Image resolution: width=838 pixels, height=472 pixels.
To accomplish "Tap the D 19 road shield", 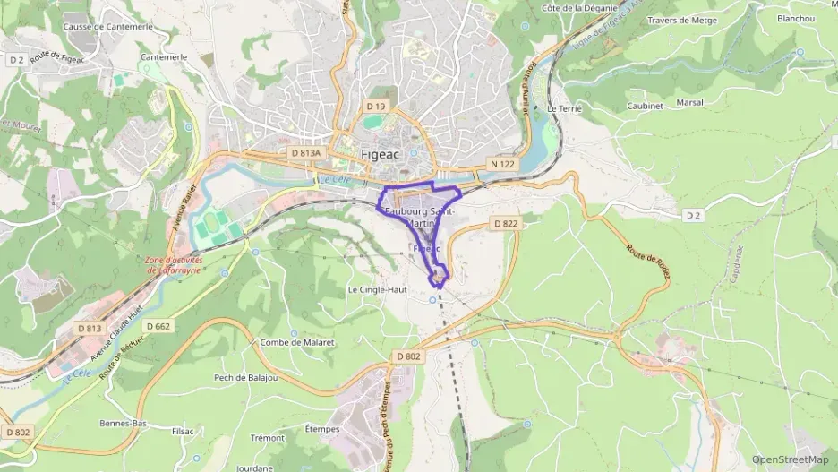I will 375,107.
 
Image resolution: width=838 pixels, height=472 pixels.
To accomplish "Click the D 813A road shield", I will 305,153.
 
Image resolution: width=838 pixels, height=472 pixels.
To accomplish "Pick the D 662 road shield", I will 157,326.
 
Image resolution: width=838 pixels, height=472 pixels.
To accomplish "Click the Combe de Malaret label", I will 296,342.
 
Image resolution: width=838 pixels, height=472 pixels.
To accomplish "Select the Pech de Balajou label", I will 245,377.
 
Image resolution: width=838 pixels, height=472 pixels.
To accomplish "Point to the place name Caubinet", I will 644,105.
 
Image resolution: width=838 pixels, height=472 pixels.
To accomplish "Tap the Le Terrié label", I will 564,107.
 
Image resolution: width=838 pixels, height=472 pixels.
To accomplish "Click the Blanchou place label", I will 796,18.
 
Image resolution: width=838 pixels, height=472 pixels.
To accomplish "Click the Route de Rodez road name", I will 648,262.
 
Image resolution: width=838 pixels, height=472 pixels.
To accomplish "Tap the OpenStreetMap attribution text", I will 790,459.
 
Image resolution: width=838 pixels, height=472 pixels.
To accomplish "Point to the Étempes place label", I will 322,429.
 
